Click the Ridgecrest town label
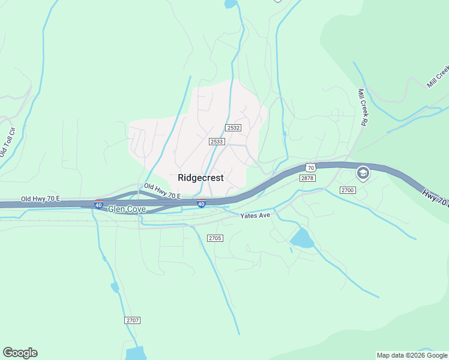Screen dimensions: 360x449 tap(200, 178)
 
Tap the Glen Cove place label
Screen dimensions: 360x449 tap(127, 209)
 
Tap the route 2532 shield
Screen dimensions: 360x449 tap(234, 128)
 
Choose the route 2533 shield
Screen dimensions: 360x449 tap(217, 142)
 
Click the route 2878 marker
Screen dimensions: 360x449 tap(307, 178)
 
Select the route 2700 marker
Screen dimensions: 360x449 tap(348, 190)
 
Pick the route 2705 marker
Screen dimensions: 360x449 tap(215, 238)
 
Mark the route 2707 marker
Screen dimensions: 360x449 tap(133, 320)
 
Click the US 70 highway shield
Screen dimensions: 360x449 tap(310, 166)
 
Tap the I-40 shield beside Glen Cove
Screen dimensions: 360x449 tap(98, 205)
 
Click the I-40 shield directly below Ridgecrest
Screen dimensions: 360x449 tap(202, 204)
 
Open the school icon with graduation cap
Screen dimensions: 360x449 tap(363, 173)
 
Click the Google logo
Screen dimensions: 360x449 tap(20, 353)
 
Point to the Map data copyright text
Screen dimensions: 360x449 tap(412, 355)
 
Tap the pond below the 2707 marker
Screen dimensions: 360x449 tap(136, 353)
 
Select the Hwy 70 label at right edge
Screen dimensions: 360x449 tap(435, 199)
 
